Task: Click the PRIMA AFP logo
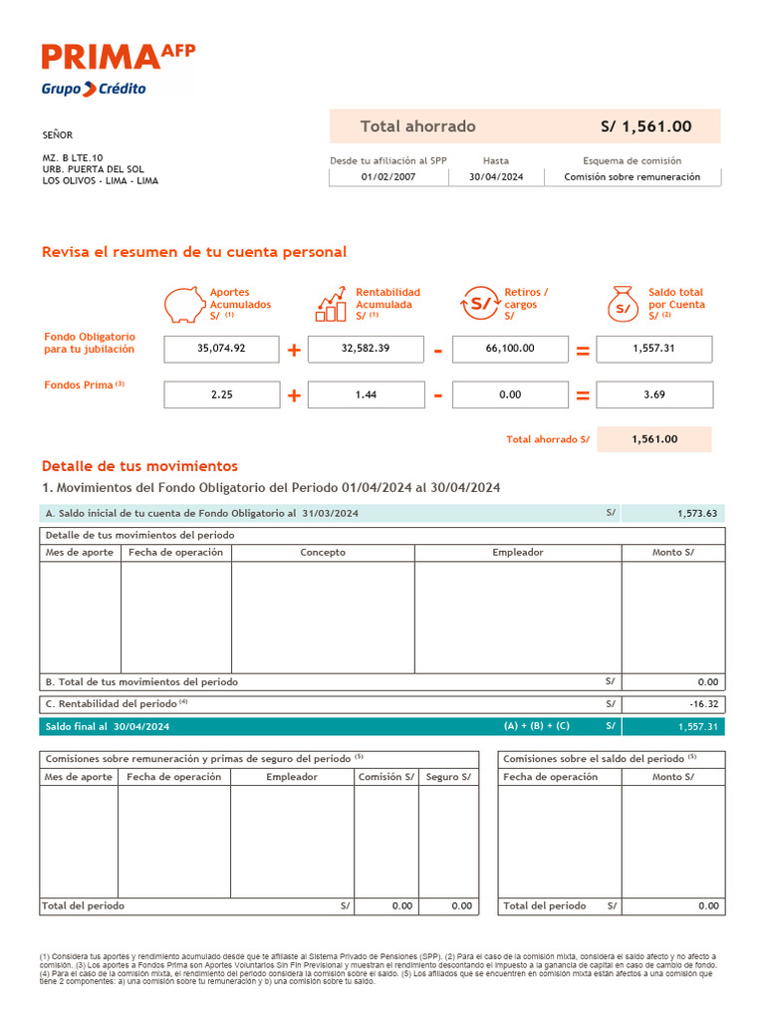118,57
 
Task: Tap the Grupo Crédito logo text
94,89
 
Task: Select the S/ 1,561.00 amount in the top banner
645,127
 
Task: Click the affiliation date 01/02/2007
388,177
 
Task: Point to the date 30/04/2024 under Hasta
495,177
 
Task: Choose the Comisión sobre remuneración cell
632,177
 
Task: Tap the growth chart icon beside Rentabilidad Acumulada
332,303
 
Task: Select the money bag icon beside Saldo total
624,303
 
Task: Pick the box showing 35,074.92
221,349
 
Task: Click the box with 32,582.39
366,349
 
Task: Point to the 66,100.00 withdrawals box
510,349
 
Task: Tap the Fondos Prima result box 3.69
654,394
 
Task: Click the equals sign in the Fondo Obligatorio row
583,351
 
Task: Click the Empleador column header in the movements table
518,552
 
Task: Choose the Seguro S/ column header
448,777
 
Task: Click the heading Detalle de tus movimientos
139,466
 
